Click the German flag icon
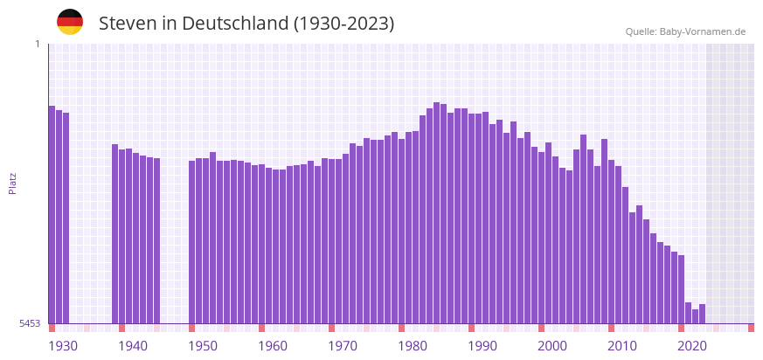pyautogui.click(x=70, y=23)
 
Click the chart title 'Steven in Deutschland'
pyautogui.click(x=246, y=24)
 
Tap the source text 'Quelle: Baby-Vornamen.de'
pyautogui.click(x=685, y=31)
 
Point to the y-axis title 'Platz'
pyautogui.click(x=13, y=183)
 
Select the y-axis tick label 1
pyautogui.click(x=37, y=44)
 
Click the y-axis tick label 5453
pyautogui.click(x=30, y=323)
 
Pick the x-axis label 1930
pyautogui.click(x=63, y=346)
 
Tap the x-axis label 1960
pyautogui.click(x=273, y=346)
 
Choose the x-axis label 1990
pyautogui.click(x=482, y=346)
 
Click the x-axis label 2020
pyautogui.click(x=692, y=346)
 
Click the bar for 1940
pyautogui.click(x=121, y=237)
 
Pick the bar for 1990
pyautogui.click(x=471, y=218)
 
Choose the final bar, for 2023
pyautogui.click(x=702, y=314)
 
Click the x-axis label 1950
pyautogui.click(x=203, y=346)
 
